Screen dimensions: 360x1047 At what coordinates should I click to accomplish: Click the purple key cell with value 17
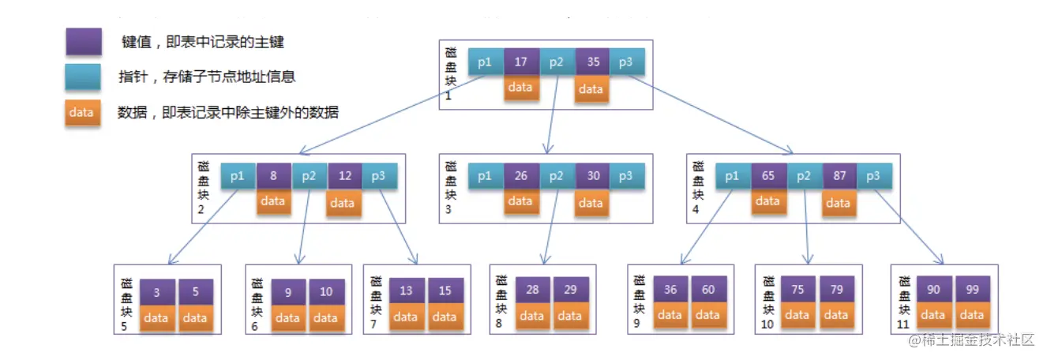tap(520, 62)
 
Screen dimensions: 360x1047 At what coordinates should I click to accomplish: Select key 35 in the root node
tap(591, 62)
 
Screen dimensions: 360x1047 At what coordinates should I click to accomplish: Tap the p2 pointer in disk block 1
tap(557, 62)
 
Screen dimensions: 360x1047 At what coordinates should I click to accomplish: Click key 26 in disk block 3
tap(521, 176)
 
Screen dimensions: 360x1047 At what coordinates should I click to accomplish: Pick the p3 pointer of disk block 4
tap(873, 176)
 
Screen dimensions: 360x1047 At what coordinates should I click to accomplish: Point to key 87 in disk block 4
tap(839, 176)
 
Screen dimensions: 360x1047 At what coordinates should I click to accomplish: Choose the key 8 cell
tap(273, 176)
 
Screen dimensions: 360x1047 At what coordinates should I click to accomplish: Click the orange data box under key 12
tap(342, 203)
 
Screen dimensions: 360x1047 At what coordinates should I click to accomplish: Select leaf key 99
tap(973, 290)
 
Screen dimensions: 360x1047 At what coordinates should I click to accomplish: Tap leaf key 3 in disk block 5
tap(157, 292)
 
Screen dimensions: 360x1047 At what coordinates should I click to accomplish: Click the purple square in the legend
tap(84, 42)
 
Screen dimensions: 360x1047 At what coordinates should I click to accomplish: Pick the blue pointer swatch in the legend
tap(84, 77)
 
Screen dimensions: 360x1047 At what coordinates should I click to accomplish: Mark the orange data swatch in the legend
tap(83, 112)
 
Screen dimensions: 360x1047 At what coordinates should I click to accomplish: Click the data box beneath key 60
tap(707, 315)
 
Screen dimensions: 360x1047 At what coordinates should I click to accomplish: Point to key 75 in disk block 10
tap(797, 290)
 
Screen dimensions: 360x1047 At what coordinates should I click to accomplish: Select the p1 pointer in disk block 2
tap(238, 176)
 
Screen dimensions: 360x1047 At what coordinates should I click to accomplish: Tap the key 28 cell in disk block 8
tap(533, 290)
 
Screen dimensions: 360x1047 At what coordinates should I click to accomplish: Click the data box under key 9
tap(287, 317)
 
